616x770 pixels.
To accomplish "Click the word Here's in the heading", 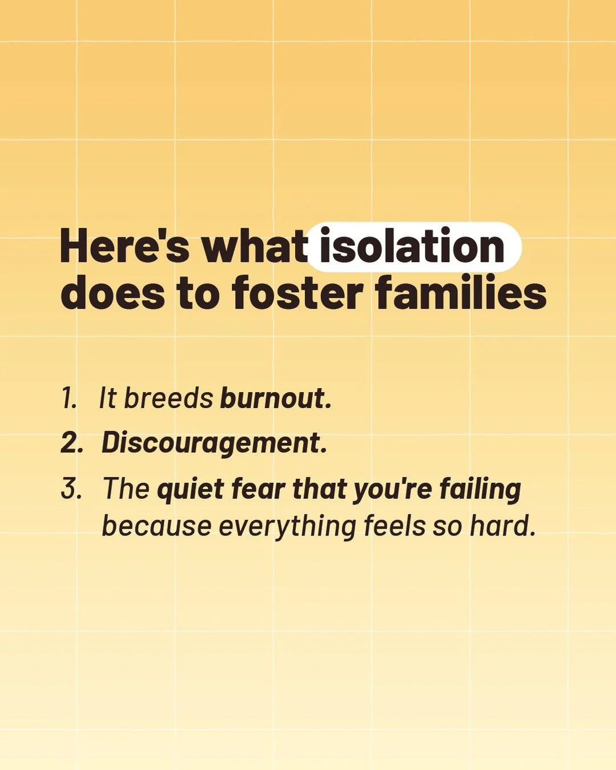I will pyautogui.click(x=124, y=247).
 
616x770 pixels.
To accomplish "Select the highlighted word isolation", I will pyautogui.click(x=412, y=247).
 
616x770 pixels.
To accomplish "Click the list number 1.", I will pyautogui.click(x=69, y=398).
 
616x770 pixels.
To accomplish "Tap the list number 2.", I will pyautogui.click(x=71, y=443).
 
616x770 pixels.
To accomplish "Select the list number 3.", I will pyautogui.click(x=71, y=489).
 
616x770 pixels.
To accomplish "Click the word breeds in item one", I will pyautogui.click(x=168, y=398).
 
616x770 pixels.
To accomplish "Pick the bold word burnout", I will pyautogui.click(x=275, y=398).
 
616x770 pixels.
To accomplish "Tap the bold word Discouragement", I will pyautogui.click(x=214, y=443).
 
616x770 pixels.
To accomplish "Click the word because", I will pyautogui.click(x=156, y=526).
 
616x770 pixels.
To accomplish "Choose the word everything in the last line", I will pyautogui.click(x=288, y=526).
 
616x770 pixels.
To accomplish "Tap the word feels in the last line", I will pyautogui.click(x=394, y=526).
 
